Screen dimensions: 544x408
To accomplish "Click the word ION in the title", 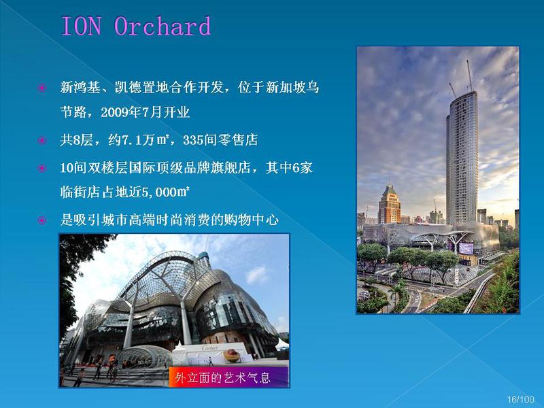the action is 82,27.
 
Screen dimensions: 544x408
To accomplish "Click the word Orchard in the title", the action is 163,26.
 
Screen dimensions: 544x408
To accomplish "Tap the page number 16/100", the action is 520,399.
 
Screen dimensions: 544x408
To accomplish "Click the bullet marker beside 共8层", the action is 42,141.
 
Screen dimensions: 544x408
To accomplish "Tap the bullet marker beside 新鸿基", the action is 42,88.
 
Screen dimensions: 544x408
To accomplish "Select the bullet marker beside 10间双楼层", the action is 42,168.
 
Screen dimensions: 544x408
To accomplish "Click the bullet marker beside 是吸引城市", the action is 42,220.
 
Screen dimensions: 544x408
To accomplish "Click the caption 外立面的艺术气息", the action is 222,377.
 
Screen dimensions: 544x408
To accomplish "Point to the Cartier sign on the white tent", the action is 210,347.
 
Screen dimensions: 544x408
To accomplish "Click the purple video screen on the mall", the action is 466,249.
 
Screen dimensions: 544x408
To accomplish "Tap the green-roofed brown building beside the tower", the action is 389,205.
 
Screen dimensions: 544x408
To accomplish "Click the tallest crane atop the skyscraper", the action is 470,75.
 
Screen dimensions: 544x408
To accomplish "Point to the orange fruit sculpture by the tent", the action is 231,356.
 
